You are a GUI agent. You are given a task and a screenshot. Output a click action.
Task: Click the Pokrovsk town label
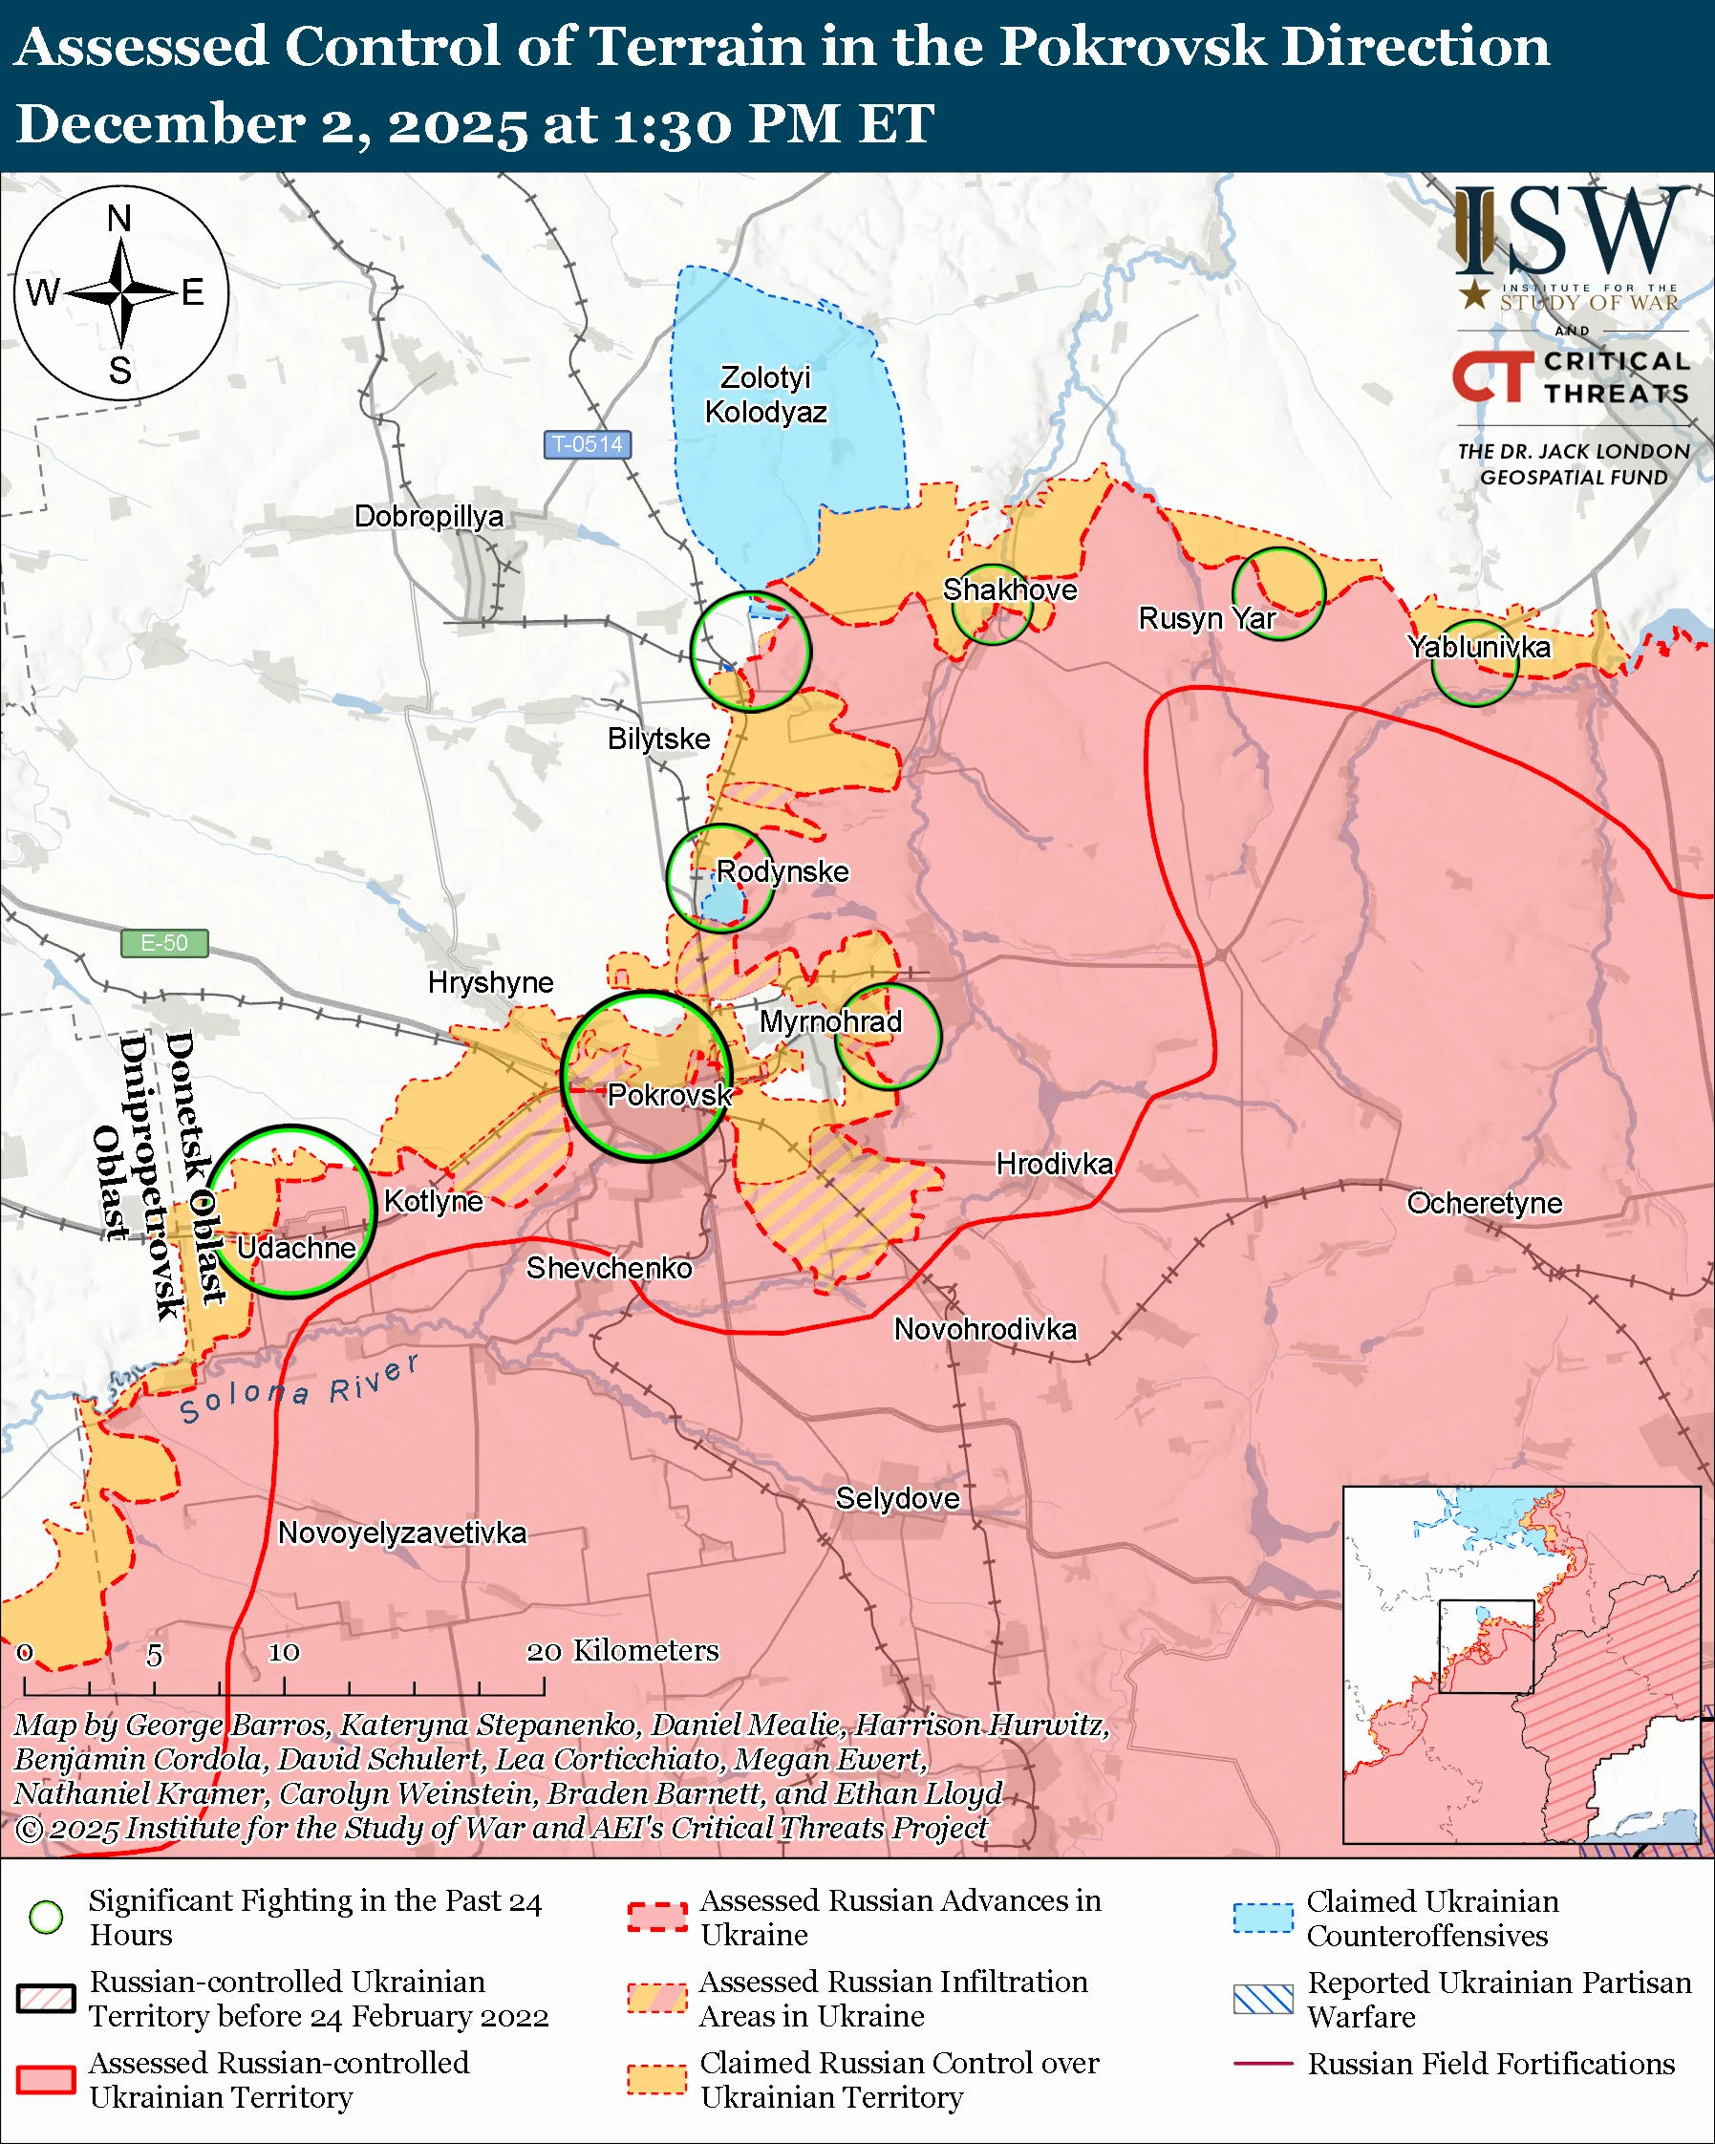[669, 1095]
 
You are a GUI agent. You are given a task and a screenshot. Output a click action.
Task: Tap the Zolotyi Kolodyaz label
[765, 395]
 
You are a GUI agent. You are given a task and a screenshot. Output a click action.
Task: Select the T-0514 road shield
[587, 444]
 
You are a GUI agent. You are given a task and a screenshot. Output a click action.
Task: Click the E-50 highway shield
[164, 943]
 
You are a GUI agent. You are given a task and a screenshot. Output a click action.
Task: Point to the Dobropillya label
[428, 516]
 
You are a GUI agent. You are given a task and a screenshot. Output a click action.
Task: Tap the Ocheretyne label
[1484, 1203]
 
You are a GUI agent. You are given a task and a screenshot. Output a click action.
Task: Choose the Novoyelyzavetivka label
[401, 1533]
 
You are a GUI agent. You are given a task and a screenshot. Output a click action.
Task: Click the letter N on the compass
[119, 219]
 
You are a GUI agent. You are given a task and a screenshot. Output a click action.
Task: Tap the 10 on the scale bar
[284, 1652]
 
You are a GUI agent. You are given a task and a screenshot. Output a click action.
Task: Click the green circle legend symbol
[47, 1918]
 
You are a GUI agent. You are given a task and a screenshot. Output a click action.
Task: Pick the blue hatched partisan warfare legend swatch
[1263, 1999]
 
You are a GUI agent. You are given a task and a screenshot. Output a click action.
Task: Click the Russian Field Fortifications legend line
[1263, 2064]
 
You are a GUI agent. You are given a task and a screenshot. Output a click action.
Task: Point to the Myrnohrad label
[830, 1021]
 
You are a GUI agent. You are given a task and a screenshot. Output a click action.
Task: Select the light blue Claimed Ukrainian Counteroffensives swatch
[1263, 1919]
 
